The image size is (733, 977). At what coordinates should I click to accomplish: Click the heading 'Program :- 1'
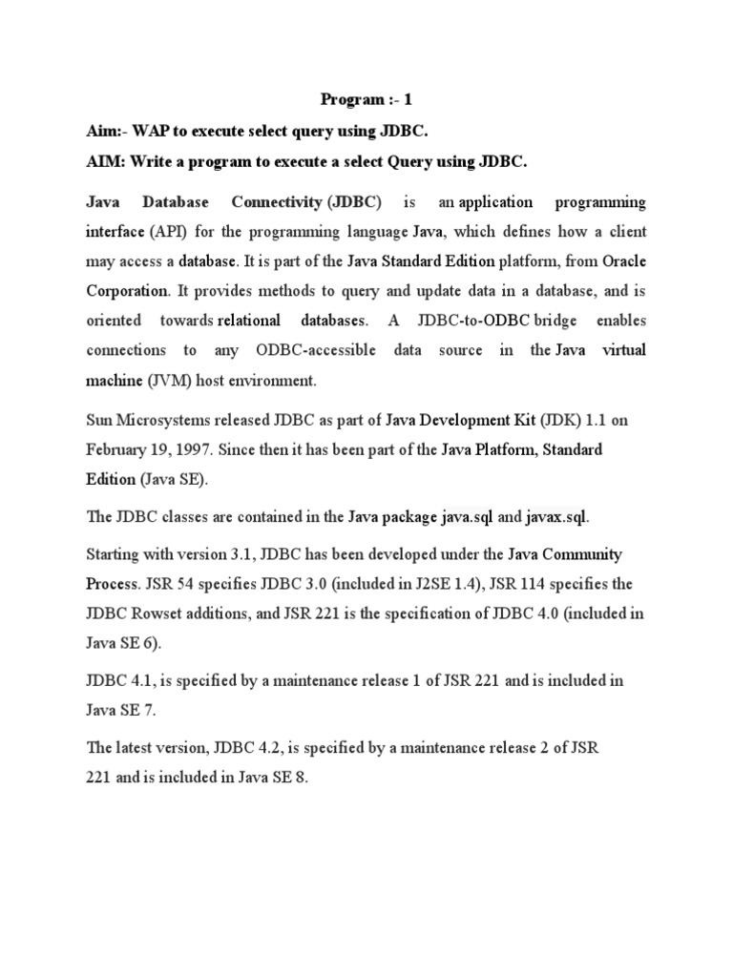[366, 99]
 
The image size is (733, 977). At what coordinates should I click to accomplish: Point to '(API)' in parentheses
[165, 232]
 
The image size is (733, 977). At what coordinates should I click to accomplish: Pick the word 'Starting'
[115, 554]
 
